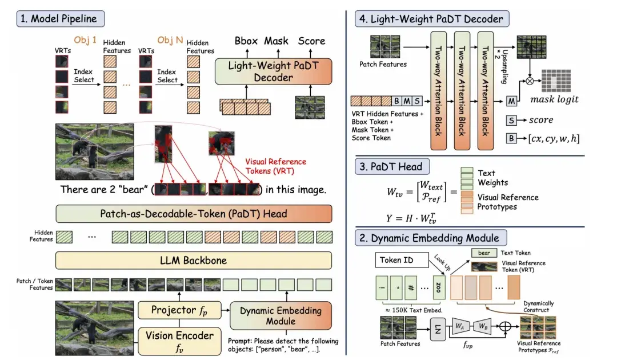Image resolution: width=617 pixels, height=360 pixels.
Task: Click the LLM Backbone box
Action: click(x=194, y=261)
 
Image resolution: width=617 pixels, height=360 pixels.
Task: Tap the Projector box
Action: click(x=179, y=310)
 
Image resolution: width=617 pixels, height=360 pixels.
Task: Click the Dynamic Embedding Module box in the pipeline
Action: click(x=281, y=315)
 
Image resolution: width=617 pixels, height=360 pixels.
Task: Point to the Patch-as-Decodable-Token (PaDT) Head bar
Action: click(x=194, y=214)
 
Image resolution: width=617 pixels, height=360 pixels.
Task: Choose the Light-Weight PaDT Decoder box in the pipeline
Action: click(x=274, y=71)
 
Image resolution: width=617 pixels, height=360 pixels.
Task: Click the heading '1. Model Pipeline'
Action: click(x=60, y=19)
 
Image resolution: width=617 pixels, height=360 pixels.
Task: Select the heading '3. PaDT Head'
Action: click(x=392, y=166)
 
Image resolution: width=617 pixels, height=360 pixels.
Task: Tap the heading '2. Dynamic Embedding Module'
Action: click(x=431, y=238)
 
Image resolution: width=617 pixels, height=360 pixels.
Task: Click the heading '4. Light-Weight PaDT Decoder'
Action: click(x=432, y=19)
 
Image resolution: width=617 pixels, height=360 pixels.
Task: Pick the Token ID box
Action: click(x=402, y=260)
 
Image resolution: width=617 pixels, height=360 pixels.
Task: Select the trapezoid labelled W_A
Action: click(x=460, y=326)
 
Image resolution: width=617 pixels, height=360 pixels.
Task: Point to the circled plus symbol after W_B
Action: click(x=505, y=326)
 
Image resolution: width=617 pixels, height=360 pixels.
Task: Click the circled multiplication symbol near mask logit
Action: click(x=530, y=82)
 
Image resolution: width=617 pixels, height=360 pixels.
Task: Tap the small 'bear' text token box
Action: click(x=484, y=253)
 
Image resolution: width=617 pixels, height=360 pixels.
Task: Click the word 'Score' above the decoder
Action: click(x=312, y=41)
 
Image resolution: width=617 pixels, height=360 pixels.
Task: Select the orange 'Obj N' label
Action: click(x=170, y=40)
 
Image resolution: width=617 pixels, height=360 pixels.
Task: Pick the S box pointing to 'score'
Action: click(x=511, y=121)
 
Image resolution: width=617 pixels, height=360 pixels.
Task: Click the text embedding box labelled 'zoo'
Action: click(x=438, y=287)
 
